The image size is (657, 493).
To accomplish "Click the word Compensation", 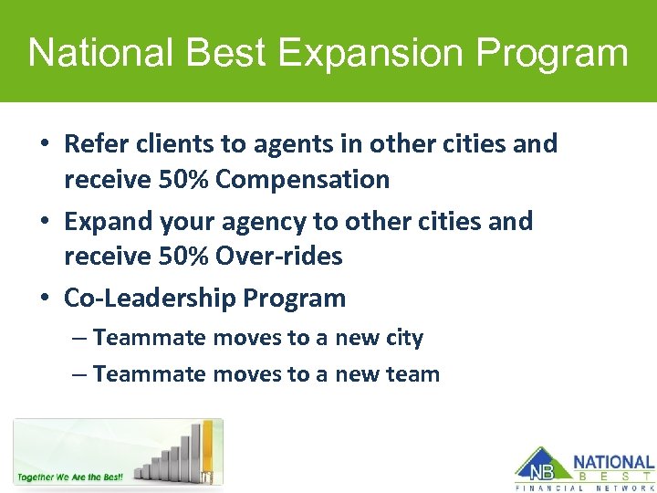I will pyautogui.click(x=303, y=179).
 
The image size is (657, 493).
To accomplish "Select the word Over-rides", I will pyautogui.click(x=279, y=257).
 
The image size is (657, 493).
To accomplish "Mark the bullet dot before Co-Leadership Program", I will pyautogui.click(x=46, y=299).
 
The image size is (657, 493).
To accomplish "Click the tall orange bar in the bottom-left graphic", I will pyautogui.click(x=208, y=447).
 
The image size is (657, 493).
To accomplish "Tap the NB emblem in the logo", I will pyautogui.click(x=538, y=467).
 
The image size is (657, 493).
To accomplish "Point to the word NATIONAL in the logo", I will pyautogui.click(x=613, y=463).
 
